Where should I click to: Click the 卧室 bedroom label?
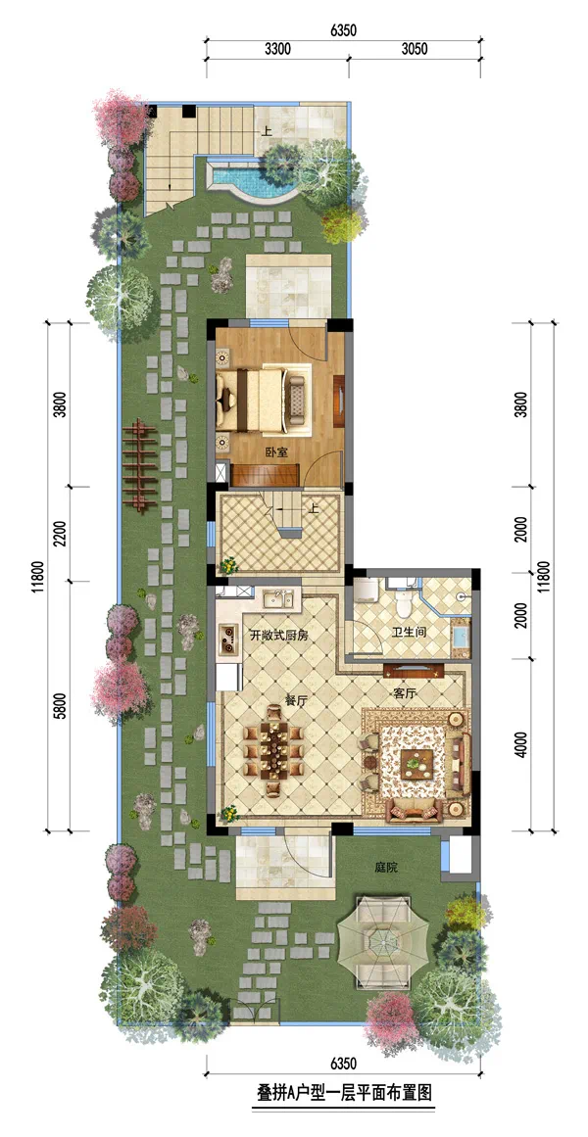pos(275,451)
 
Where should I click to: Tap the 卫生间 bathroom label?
pos(411,632)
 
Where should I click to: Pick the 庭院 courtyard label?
pos(387,868)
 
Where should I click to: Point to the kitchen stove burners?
pos(228,637)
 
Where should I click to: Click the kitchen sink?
pos(277,599)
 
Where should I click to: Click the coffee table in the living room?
pos(416,761)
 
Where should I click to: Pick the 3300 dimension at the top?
pos(277,49)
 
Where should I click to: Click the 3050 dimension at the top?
pos(414,49)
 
